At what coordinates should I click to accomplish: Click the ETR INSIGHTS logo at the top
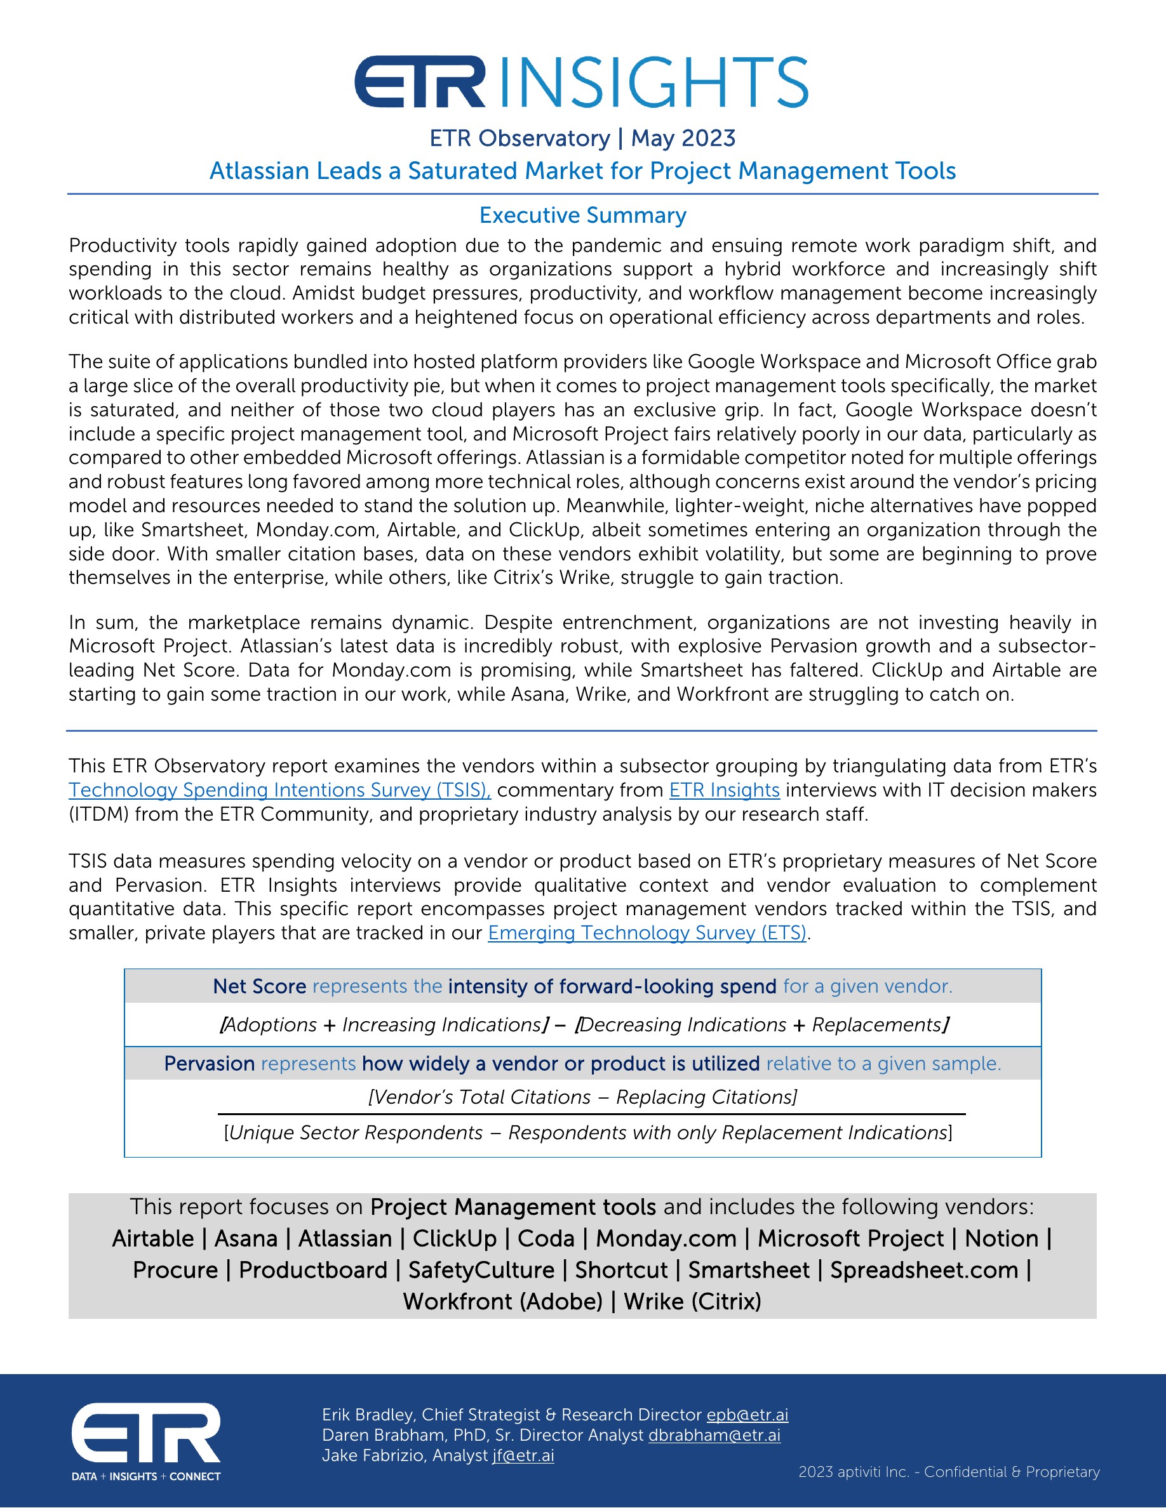pos(581,82)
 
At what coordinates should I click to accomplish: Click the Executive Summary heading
pos(582,215)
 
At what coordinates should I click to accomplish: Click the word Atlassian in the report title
pos(261,171)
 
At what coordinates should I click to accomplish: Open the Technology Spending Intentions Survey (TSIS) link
pos(279,790)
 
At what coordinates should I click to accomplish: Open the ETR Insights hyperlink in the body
pos(724,790)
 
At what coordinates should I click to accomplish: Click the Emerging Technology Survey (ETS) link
pos(647,933)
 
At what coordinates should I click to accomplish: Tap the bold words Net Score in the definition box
pos(259,986)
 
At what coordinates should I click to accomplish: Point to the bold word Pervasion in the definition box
pos(210,1063)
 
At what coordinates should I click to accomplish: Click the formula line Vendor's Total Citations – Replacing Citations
pos(582,1097)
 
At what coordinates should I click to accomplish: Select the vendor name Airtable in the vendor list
pos(152,1239)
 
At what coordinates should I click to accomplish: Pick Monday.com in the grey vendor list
pos(666,1239)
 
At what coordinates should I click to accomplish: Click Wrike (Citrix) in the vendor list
pos(692,1302)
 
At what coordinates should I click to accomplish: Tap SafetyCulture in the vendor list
pos(481,1271)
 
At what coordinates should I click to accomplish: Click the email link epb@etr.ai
pos(747,1415)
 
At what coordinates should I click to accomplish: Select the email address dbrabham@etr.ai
pos(714,1435)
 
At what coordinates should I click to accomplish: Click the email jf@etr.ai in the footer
pos(523,1455)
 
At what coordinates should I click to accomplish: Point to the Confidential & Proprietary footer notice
pos(1011,1472)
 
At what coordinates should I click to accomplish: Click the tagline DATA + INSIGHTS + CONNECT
pos(146,1476)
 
